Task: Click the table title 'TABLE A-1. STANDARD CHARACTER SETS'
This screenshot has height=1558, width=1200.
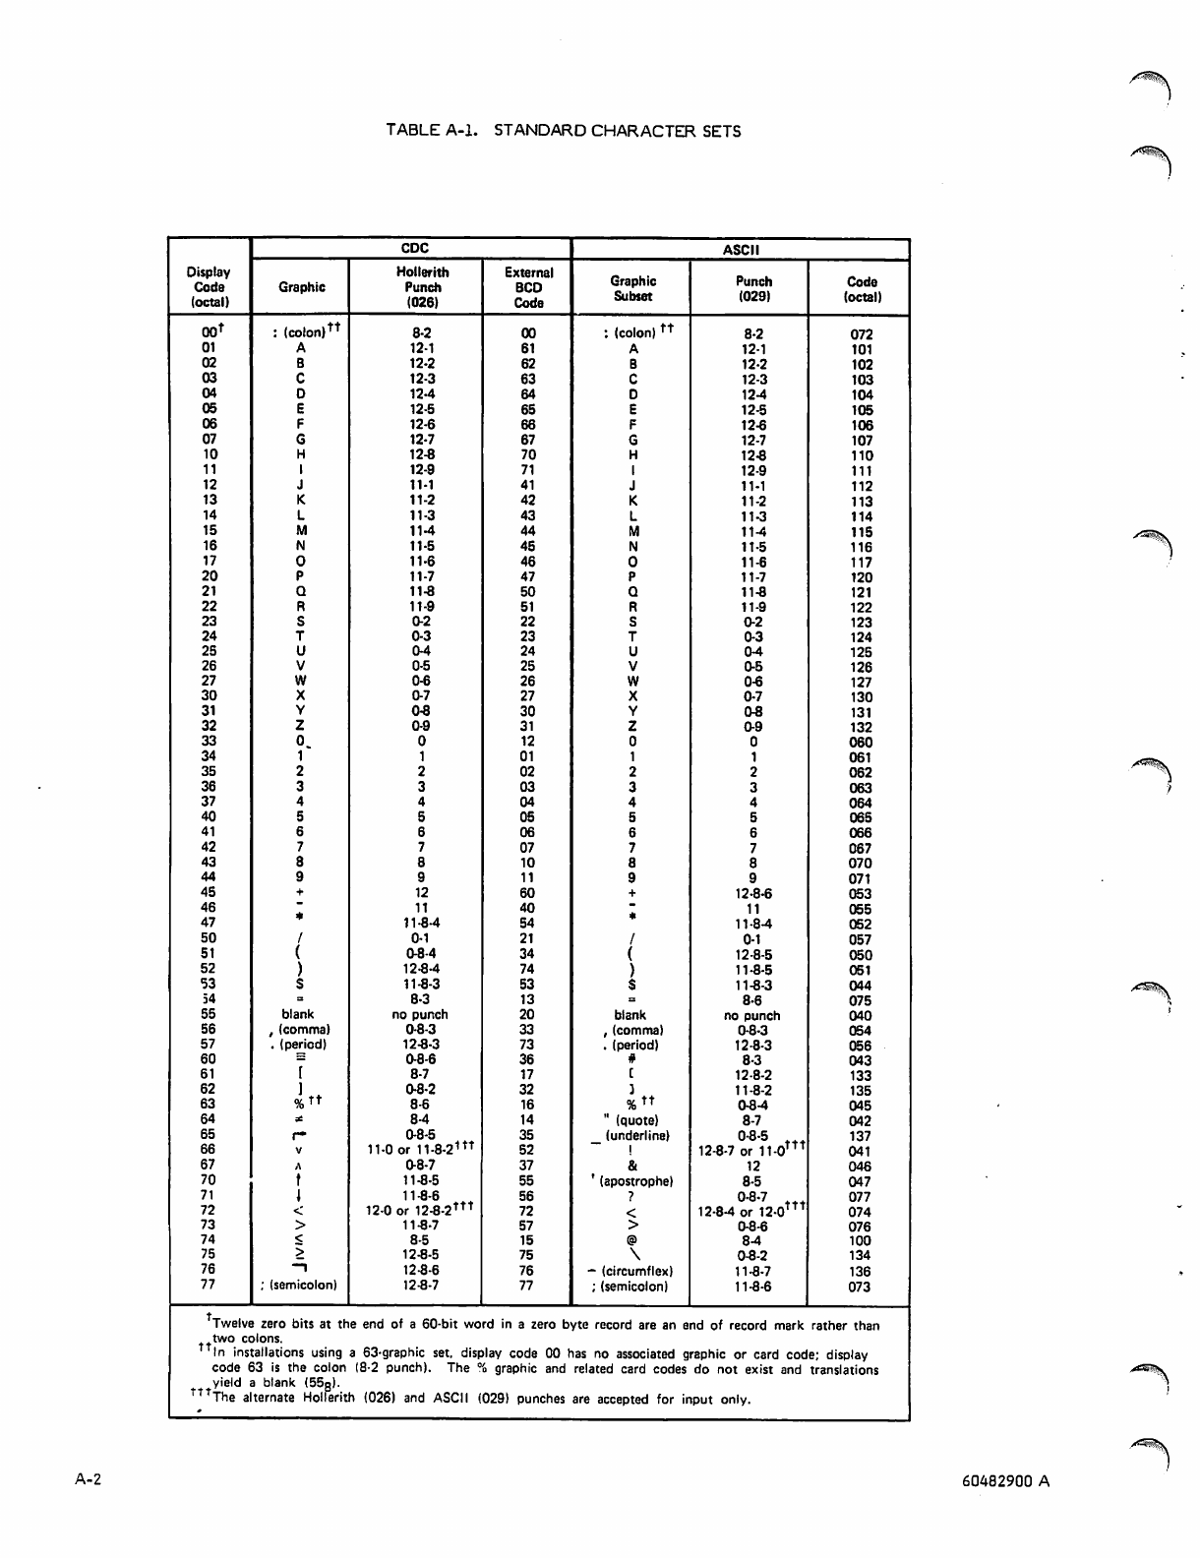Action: [564, 131]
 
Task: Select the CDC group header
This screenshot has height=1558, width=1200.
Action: [414, 249]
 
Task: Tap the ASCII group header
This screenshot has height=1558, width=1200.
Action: [739, 250]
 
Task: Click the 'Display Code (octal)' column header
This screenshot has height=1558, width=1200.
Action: [209, 287]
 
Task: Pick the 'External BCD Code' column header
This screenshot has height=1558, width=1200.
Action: [528, 287]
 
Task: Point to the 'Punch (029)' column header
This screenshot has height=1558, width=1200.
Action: [753, 288]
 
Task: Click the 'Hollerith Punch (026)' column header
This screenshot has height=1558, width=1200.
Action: [422, 287]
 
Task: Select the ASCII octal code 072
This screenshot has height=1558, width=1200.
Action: [862, 334]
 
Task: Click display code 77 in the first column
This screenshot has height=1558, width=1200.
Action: [209, 1284]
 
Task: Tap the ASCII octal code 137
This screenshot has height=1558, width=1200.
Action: [861, 1136]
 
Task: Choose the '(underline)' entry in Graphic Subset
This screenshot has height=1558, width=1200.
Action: [638, 1135]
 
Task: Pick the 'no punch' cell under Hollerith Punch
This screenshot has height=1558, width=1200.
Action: [420, 1014]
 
